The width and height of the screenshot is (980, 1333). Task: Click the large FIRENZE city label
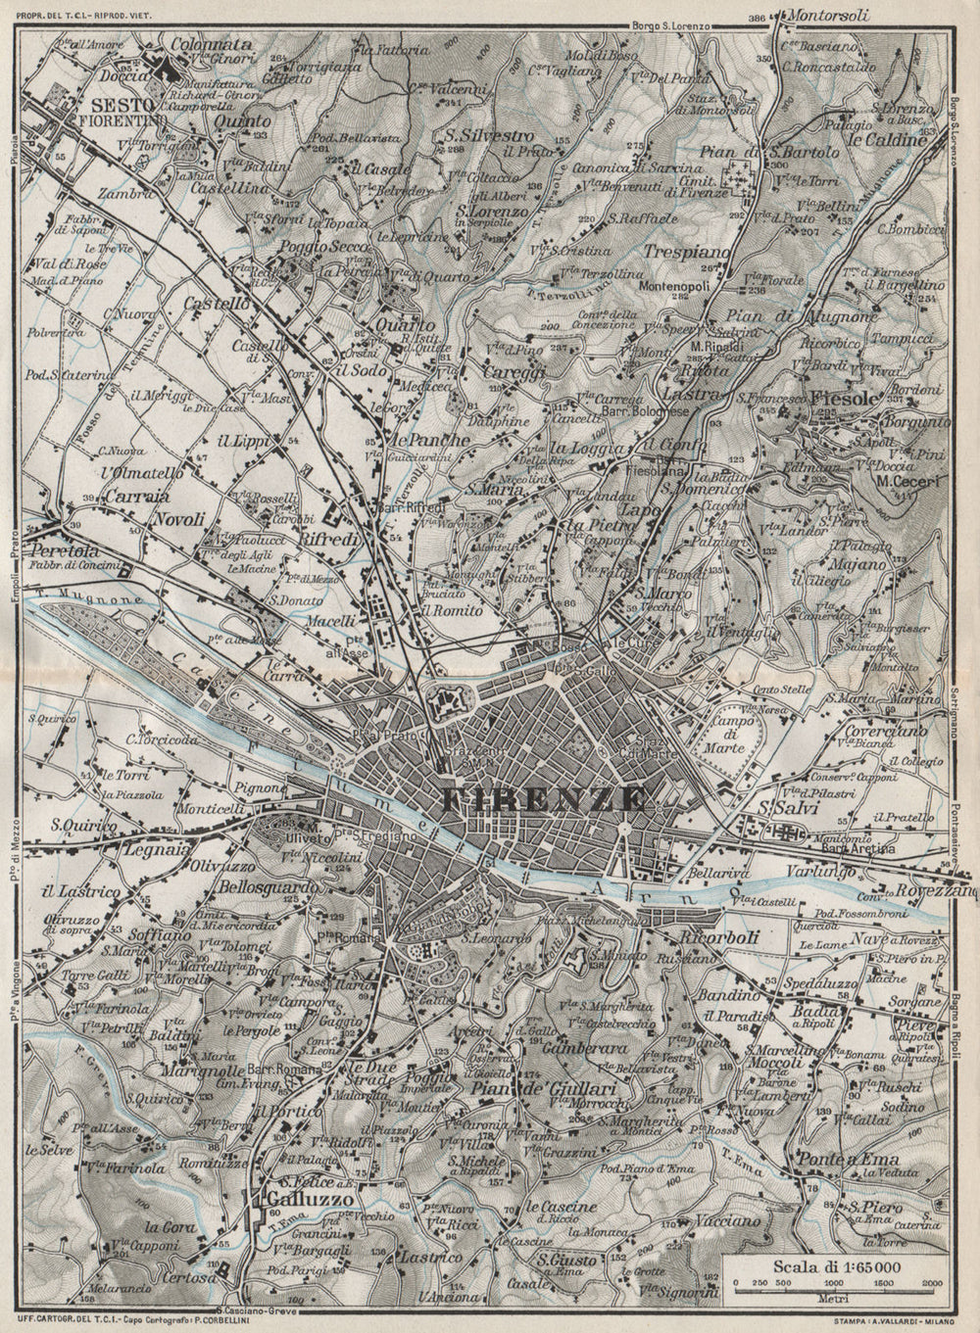[x=544, y=799]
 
